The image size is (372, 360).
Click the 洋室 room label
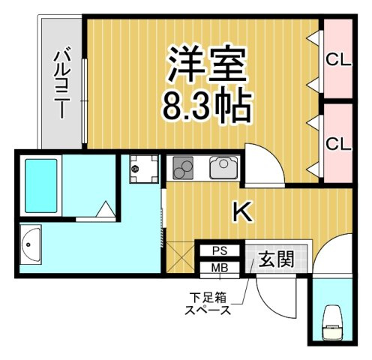point(207,64)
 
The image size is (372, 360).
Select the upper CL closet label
point(338,60)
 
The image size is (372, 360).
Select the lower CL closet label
point(338,144)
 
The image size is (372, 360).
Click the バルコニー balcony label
point(61,85)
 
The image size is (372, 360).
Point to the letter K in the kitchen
point(242,212)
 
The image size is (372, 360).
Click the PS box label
point(220,250)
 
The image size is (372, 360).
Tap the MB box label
point(220,268)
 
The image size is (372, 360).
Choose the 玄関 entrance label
point(276,259)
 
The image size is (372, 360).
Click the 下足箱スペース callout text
point(208,304)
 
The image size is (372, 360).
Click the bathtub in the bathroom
point(40,186)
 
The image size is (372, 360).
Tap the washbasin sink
point(30,244)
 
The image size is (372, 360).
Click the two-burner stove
point(183,168)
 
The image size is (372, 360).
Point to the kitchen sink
point(223,167)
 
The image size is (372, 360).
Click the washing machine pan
point(144,169)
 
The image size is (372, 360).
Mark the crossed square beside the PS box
point(180,256)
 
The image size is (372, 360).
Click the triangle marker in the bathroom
point(106,208)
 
